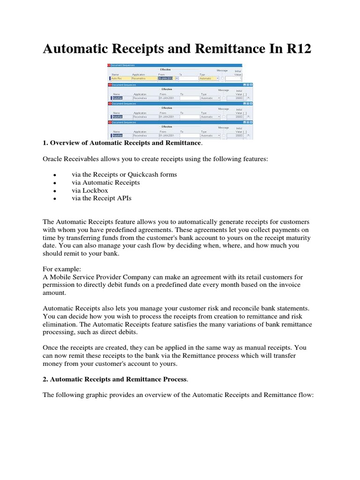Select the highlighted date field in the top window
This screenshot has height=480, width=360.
[x=165, y=78]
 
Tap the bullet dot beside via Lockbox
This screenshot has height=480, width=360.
[x=55, y=191]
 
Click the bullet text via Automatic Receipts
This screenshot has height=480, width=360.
[x=106, y=182]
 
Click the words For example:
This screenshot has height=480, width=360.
[x=62, y=270]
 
